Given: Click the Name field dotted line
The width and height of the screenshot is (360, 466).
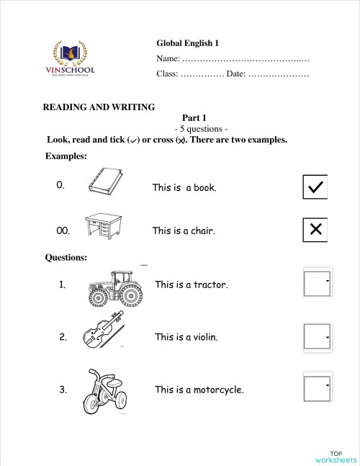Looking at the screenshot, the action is [x=246, y=58].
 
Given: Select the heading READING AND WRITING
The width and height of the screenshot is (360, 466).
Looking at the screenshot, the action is [x=99, y=107].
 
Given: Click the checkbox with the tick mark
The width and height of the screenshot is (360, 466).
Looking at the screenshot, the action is [x=315, y=187].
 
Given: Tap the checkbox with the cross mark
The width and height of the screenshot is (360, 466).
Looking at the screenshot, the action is [x=315, y=230].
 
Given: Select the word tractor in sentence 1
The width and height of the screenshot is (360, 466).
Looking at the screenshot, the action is [x=210, y=284].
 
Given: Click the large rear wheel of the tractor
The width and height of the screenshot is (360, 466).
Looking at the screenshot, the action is [x=130, y=294].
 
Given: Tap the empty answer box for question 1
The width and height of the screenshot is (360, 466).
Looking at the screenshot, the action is [x=317, y=284].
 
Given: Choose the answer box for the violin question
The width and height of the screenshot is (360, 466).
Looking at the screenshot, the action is [x=317, y=336].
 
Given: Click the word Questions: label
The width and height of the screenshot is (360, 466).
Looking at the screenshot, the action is [x=66, y=256].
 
